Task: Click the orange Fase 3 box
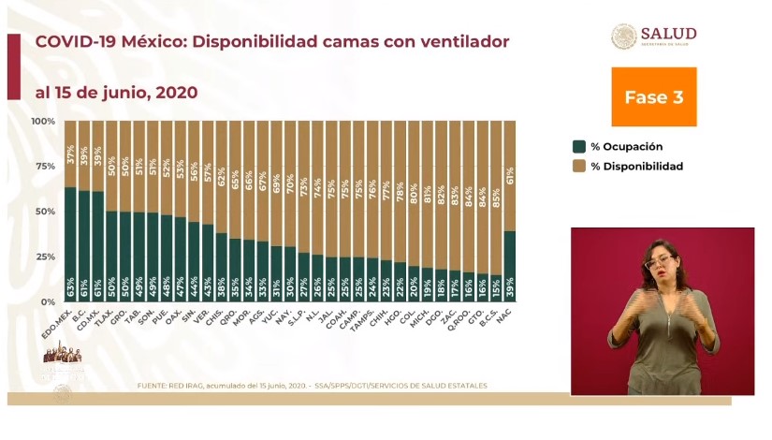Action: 653,96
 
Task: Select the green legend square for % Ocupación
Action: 579,146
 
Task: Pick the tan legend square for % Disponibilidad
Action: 579,166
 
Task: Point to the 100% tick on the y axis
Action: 43,122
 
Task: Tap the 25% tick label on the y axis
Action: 45,257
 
